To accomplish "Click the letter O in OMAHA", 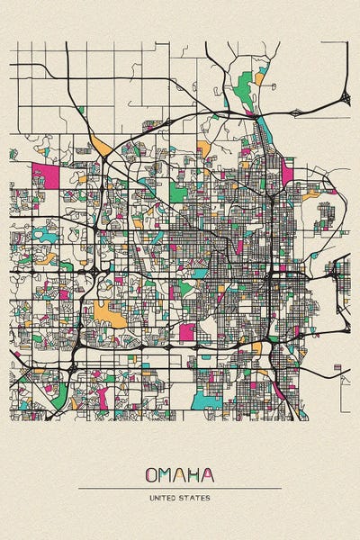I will point(150,474).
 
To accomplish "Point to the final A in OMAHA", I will point(209,474).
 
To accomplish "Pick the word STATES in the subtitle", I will point(196,498).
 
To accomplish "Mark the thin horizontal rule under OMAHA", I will point(180,488).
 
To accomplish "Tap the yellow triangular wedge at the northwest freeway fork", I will point(101,143).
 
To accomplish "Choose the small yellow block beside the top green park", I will point(259,79).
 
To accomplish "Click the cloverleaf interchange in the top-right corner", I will point(344,97).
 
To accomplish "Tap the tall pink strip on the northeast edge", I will point(287,171).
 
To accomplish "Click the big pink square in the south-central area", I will point(186,332).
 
